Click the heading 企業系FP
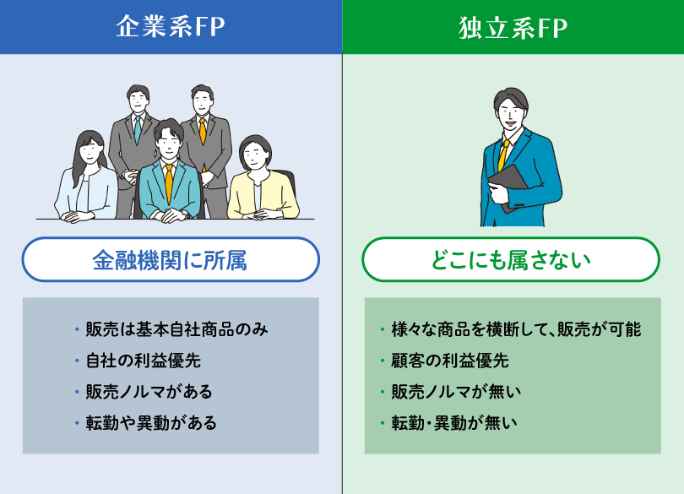click(x=171, y=27)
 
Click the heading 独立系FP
click(x=513, y=28)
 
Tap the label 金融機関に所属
click(x=170, y=260)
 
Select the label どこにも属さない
click(x=511, y=260)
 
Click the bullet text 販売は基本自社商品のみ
click(x=176, y=329)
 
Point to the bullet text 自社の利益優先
click(x=143, y=361)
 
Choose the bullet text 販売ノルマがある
click(x=149, y=392)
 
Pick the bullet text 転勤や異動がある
click(x=151, y=423)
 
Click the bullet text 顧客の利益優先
click(x=450, y=361)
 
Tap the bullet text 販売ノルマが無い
click(x=456, y=392)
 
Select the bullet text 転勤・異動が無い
click(x=453, y=423)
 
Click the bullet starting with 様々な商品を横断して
click(x=516, y=329)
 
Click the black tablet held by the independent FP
click(x=509, y=187)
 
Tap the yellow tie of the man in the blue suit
click(x=503, y=155)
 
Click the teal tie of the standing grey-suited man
click(x=138, y=129)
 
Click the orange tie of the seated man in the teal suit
click(x=169, y=183)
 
